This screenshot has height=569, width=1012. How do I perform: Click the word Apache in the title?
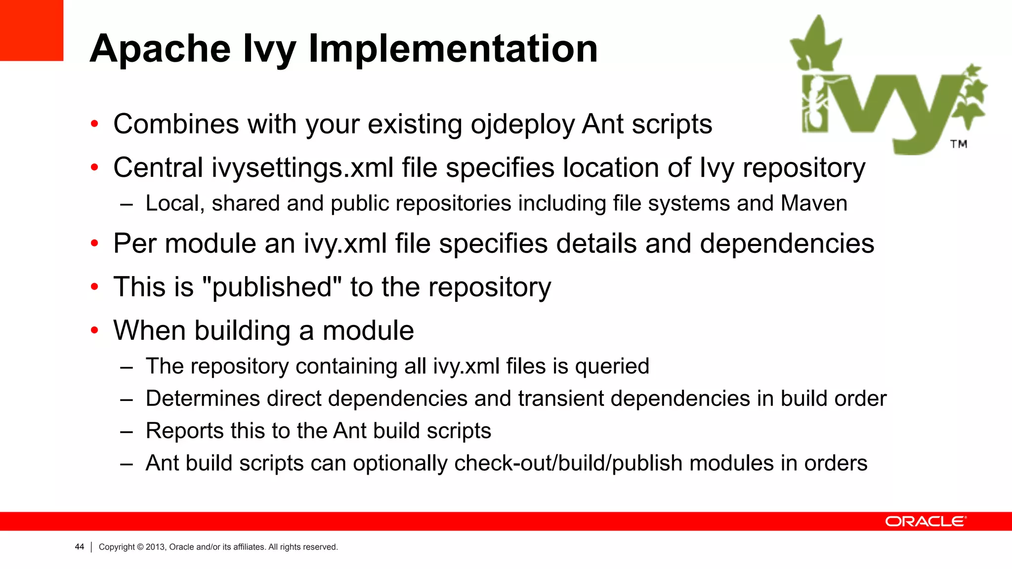(160, 49)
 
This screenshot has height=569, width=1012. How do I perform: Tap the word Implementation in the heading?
(453, 49)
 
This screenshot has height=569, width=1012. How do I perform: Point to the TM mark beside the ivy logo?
(959, 144)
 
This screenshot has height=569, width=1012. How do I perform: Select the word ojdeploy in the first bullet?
(522, 124)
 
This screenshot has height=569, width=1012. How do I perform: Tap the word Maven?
(814, 203)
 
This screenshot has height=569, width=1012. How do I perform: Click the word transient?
(561, 399)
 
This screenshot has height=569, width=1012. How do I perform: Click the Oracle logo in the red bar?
(925, 522)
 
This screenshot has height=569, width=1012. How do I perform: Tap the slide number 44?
(80, 547)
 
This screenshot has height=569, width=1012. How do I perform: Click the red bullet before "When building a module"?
(94, 330)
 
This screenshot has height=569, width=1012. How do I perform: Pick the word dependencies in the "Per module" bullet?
(787, 244)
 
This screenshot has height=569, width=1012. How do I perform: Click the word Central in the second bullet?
(158, 168)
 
